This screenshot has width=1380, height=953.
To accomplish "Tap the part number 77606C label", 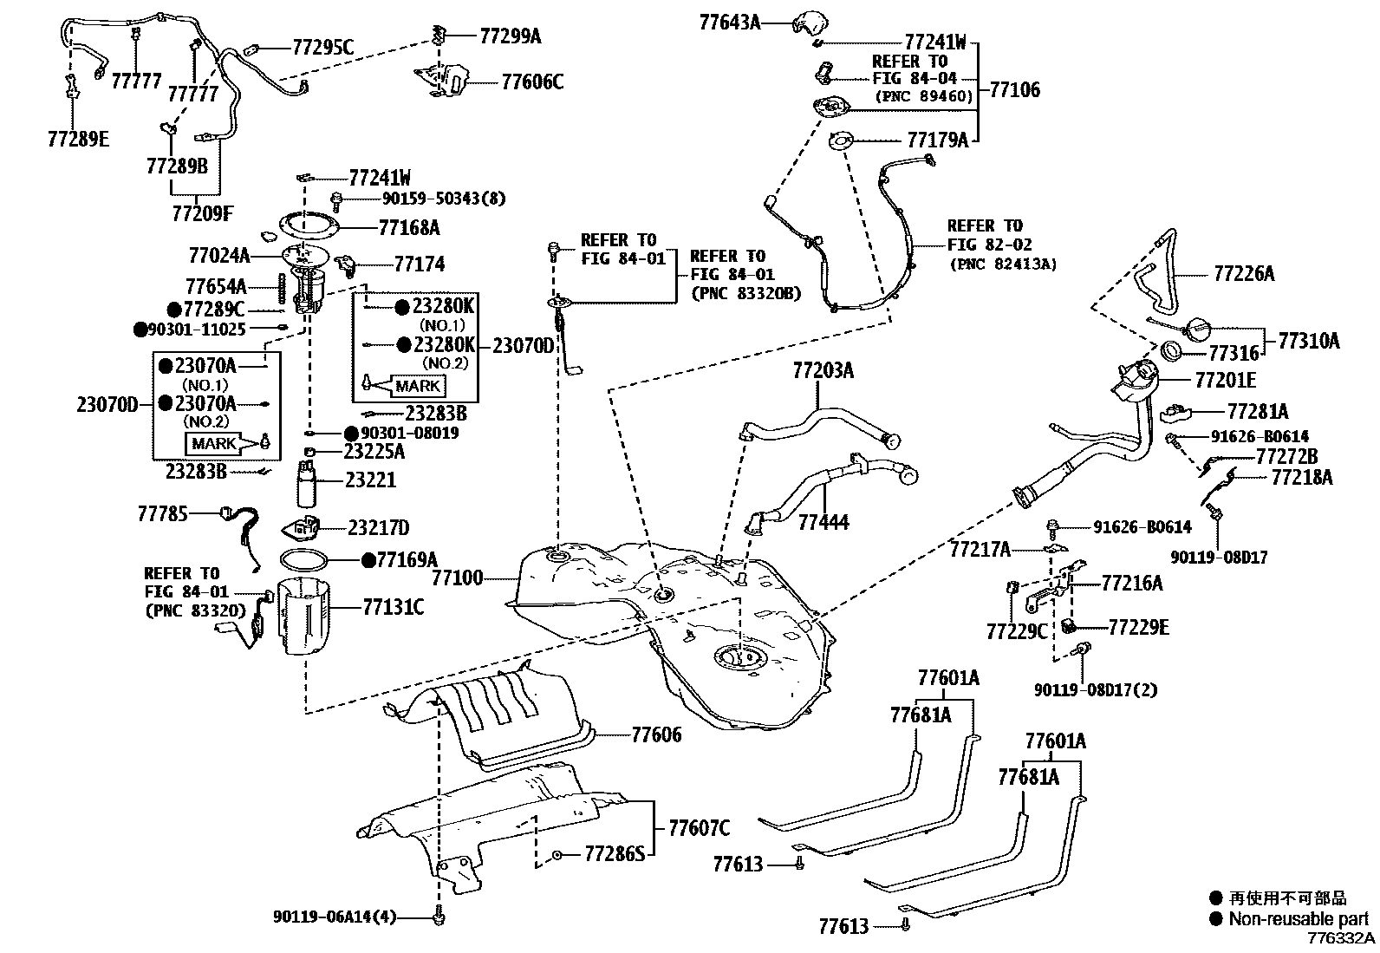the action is [532, 82].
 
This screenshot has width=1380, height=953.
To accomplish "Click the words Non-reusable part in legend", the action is [1298, 919].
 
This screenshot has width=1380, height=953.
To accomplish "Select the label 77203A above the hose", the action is [822, 371].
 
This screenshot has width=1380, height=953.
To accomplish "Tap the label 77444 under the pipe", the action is [823, 522].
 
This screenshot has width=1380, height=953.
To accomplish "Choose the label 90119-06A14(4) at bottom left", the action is [334, 917].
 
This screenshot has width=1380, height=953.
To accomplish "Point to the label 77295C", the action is [322, 48].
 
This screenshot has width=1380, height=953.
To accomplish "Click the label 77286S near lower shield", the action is [615, 854].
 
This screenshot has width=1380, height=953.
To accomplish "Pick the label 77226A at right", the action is [1243, 274].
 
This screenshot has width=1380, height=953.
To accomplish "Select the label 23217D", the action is [378, 527].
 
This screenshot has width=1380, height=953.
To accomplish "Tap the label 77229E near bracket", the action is [1138, 627].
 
